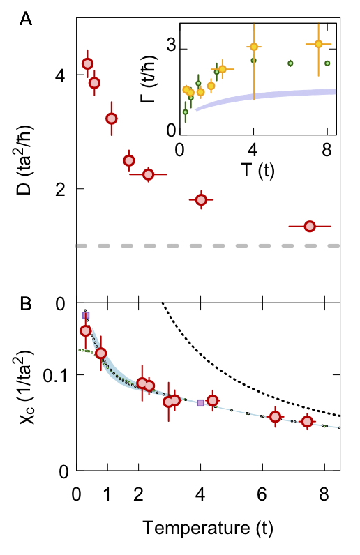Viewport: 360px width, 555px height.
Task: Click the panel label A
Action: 26,20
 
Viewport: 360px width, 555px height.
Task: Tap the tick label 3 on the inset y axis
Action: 170,49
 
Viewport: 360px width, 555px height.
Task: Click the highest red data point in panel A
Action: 87,63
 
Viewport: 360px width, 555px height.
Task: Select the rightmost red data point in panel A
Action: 310,226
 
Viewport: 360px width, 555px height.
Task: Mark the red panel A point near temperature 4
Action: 201,200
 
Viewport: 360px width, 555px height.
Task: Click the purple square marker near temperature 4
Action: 201,403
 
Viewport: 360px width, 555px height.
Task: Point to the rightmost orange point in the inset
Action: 318,44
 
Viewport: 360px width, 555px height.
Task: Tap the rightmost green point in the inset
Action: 327,63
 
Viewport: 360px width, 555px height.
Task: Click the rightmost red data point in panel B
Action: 307,421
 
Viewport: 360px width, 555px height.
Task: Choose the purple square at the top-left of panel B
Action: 86,316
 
